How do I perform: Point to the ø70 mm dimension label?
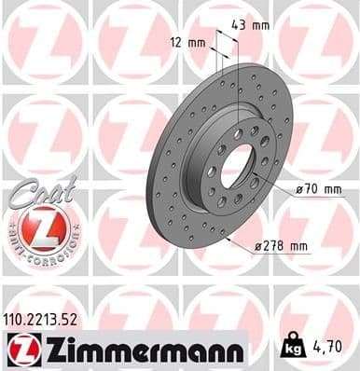pos(321,189)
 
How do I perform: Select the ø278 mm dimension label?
pos(281,246)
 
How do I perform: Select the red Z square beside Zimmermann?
pos(18,350)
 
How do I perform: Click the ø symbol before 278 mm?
pos(258,247)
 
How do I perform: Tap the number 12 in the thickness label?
pos(183,43)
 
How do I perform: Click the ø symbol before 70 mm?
pos(300,189)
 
